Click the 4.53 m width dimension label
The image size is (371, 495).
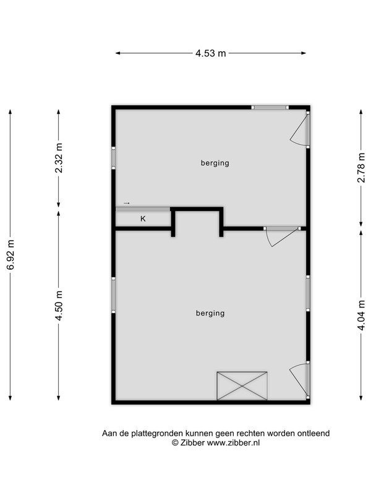point(211,53)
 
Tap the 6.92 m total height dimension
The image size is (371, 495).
point(11,254)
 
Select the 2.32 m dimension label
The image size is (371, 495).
point(59,158)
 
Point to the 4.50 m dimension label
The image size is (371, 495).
point(59,305)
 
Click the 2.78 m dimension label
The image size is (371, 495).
point(361,167)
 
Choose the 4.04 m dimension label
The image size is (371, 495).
point(361,315)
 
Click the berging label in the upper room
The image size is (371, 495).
point(215,163)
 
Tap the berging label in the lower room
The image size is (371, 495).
point(210,313)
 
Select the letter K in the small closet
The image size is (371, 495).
point(143,219)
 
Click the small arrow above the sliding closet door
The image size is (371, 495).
point(127,203)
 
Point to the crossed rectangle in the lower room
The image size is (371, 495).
point(242,385)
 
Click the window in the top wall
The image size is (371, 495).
point(270,107)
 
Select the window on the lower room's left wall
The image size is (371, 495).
point(113,295)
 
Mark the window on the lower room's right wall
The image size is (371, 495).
point(308,293)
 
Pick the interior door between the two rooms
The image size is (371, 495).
point(282,236)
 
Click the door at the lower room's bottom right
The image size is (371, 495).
point(301,381)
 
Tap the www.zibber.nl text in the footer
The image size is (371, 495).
point(233,442)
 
